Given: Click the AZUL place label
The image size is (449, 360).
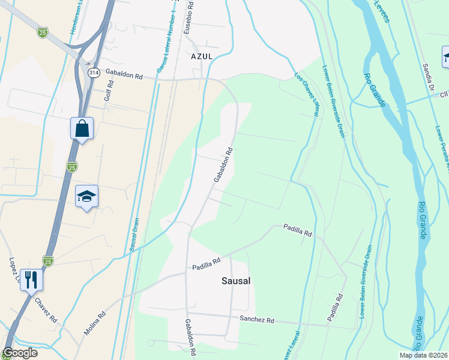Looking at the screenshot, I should [202, 56].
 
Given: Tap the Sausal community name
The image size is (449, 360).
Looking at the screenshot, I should [235, 280].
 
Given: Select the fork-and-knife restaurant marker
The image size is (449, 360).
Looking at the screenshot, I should [31, 279].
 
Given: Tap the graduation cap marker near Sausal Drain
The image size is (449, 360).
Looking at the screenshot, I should [87, 196].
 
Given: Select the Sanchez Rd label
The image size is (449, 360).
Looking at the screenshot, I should [256, 320].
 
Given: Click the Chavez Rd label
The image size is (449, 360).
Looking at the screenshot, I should [45, 309].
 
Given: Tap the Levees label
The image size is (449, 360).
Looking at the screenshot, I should [382, 11].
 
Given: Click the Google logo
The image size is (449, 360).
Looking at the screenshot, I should [20, 353].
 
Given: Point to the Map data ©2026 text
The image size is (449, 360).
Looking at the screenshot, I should [424, 355].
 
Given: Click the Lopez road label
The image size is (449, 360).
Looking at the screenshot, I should [14, 270].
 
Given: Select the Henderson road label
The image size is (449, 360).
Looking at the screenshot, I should [76, 17].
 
